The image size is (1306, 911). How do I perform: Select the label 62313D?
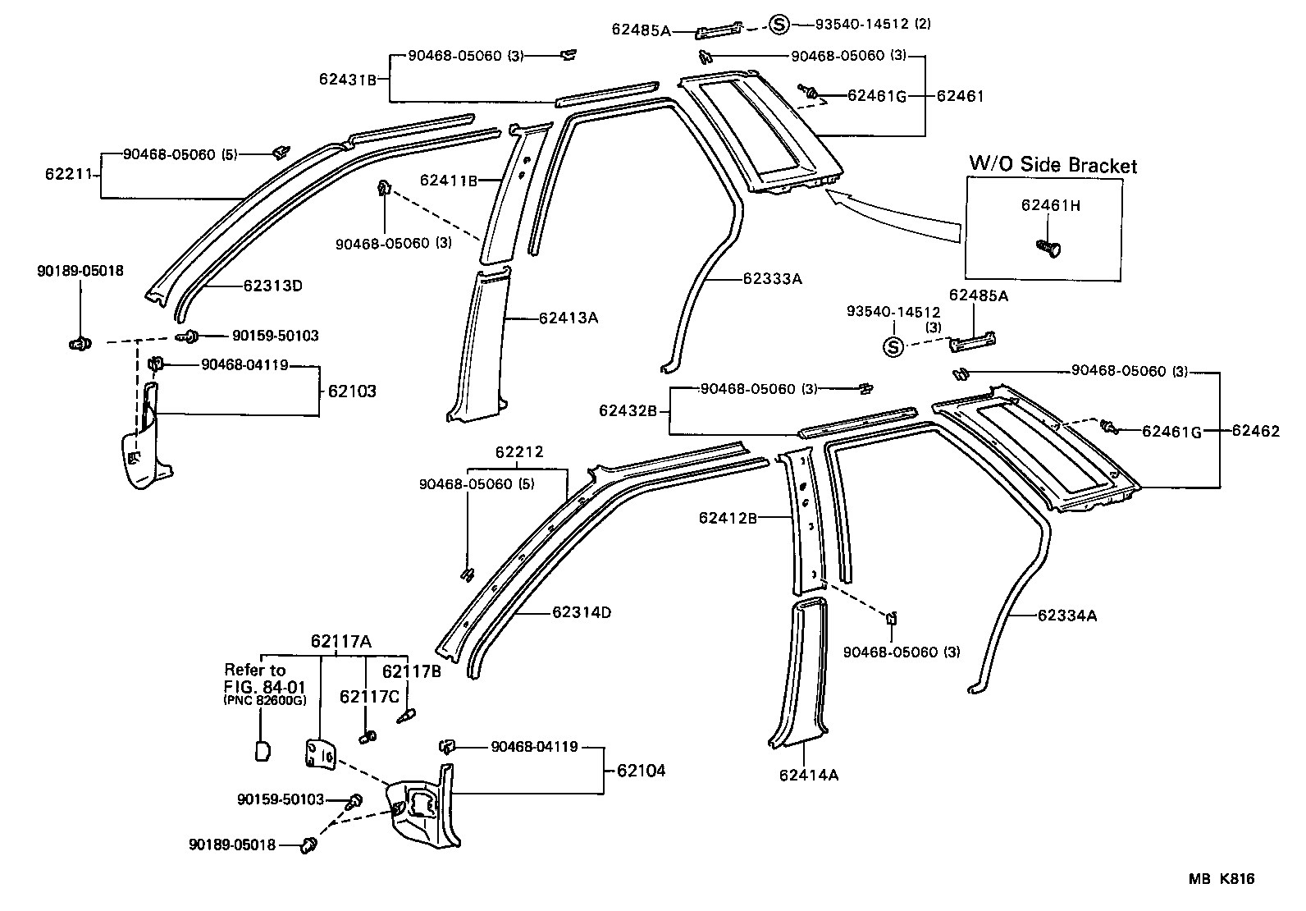pyautogui.click(x=272, y=286)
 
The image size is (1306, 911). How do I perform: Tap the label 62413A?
pyautogui.click(x=568, y=318)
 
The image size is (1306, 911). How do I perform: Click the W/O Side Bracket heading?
pyautogui.click(x=1053, y=164)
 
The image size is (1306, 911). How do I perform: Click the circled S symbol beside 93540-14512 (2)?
pyautogui.click(x=779, y=25)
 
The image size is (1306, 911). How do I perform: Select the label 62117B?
pyautogui.click(x=412, y=671)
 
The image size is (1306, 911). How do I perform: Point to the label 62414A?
pyautogui.click(x=808, y=774)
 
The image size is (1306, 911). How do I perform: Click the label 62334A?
pyautogui.click(x=1066, y=615)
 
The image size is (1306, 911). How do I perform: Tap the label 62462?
pyautogui.click(x=1255, y=431)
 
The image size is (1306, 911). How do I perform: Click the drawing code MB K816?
pyautogui.click(x=1222, y=879)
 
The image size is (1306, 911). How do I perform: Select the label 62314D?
pyautogui.click(x=581, y=612)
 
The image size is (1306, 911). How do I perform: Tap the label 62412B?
pyautogui.click(x=727, y=518)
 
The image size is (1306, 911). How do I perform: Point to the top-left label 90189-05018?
pyautogui.click(x=80, y=271)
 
